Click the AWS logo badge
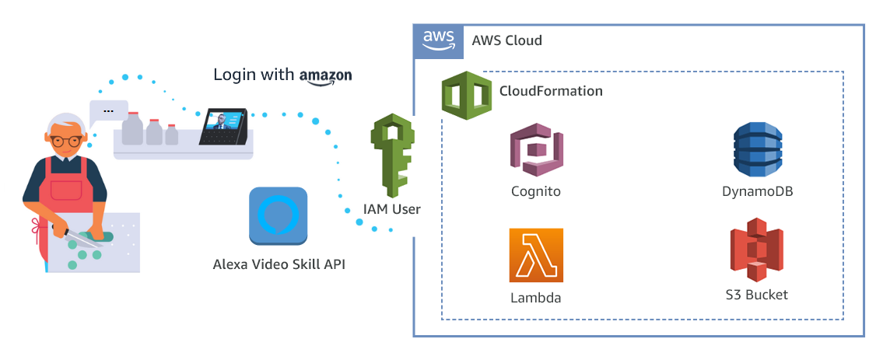439,40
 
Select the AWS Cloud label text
506,40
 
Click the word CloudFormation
551,91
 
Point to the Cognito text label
536,191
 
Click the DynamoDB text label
757,191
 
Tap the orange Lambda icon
536,255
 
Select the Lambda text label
536,298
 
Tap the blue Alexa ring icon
278,215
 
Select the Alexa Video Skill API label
279,264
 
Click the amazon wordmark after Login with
325,75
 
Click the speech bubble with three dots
108,112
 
